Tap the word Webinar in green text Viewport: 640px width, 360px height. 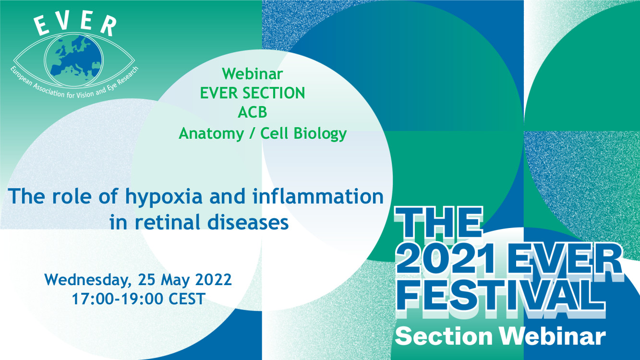click(x=253, y=74)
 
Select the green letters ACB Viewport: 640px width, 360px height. click(x=252, y=112)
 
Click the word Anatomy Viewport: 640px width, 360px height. click(x=211, y=134)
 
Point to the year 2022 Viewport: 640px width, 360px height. click(x=214, y=279)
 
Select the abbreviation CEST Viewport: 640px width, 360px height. click(x=187, y=299)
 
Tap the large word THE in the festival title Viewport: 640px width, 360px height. click(x=438, y=223)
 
